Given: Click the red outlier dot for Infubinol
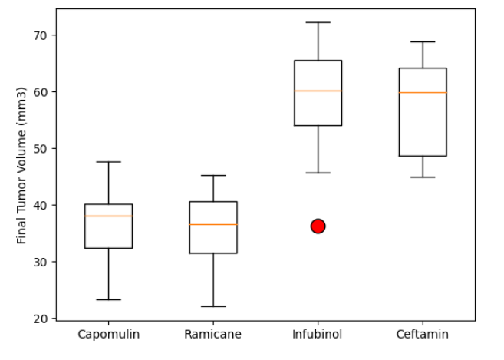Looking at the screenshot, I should tap(318, 226).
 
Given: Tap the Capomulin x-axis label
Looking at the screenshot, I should tap(108, 335).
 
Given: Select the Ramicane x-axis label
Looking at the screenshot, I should tap(212, 335).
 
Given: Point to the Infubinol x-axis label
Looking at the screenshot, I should tap(318, 335).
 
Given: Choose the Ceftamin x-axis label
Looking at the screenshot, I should tap(422, 335).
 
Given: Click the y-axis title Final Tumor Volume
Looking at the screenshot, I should tap(21, 165).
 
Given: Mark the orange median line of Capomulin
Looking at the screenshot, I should tap(108, 216).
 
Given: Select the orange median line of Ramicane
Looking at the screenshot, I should tap(212, 224).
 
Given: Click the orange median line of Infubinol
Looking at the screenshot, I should tap(318, 91).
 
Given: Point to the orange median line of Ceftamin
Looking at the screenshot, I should tap(422, 92).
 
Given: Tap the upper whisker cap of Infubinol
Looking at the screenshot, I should tap(318, 22).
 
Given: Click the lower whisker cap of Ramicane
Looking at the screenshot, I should tap(212, 306).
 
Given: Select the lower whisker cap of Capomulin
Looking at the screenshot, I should tap(108, 299).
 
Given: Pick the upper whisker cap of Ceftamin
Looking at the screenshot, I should tap(422, 41).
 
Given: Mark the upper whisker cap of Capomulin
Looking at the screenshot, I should tap(108, 162).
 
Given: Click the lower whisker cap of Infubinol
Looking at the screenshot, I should tap(318, 173).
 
